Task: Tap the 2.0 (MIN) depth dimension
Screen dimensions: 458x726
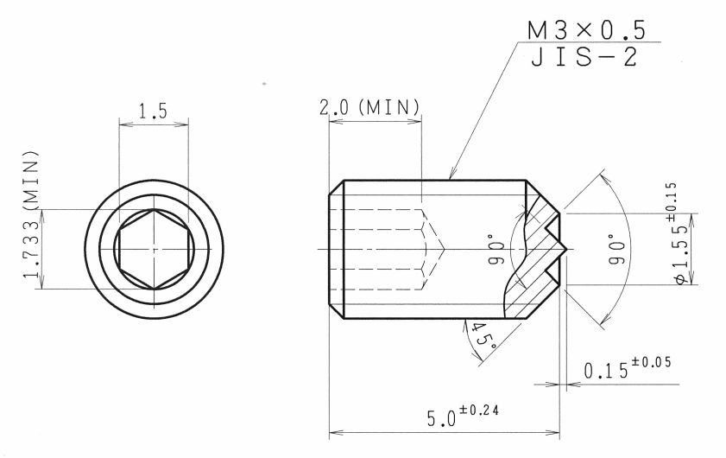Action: [x=369, y=108]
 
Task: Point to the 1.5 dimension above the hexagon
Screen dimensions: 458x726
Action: [x=152, y=111]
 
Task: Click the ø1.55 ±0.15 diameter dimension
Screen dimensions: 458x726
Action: [x=682, y=233]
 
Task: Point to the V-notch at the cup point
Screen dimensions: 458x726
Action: [x=557, y=249]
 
